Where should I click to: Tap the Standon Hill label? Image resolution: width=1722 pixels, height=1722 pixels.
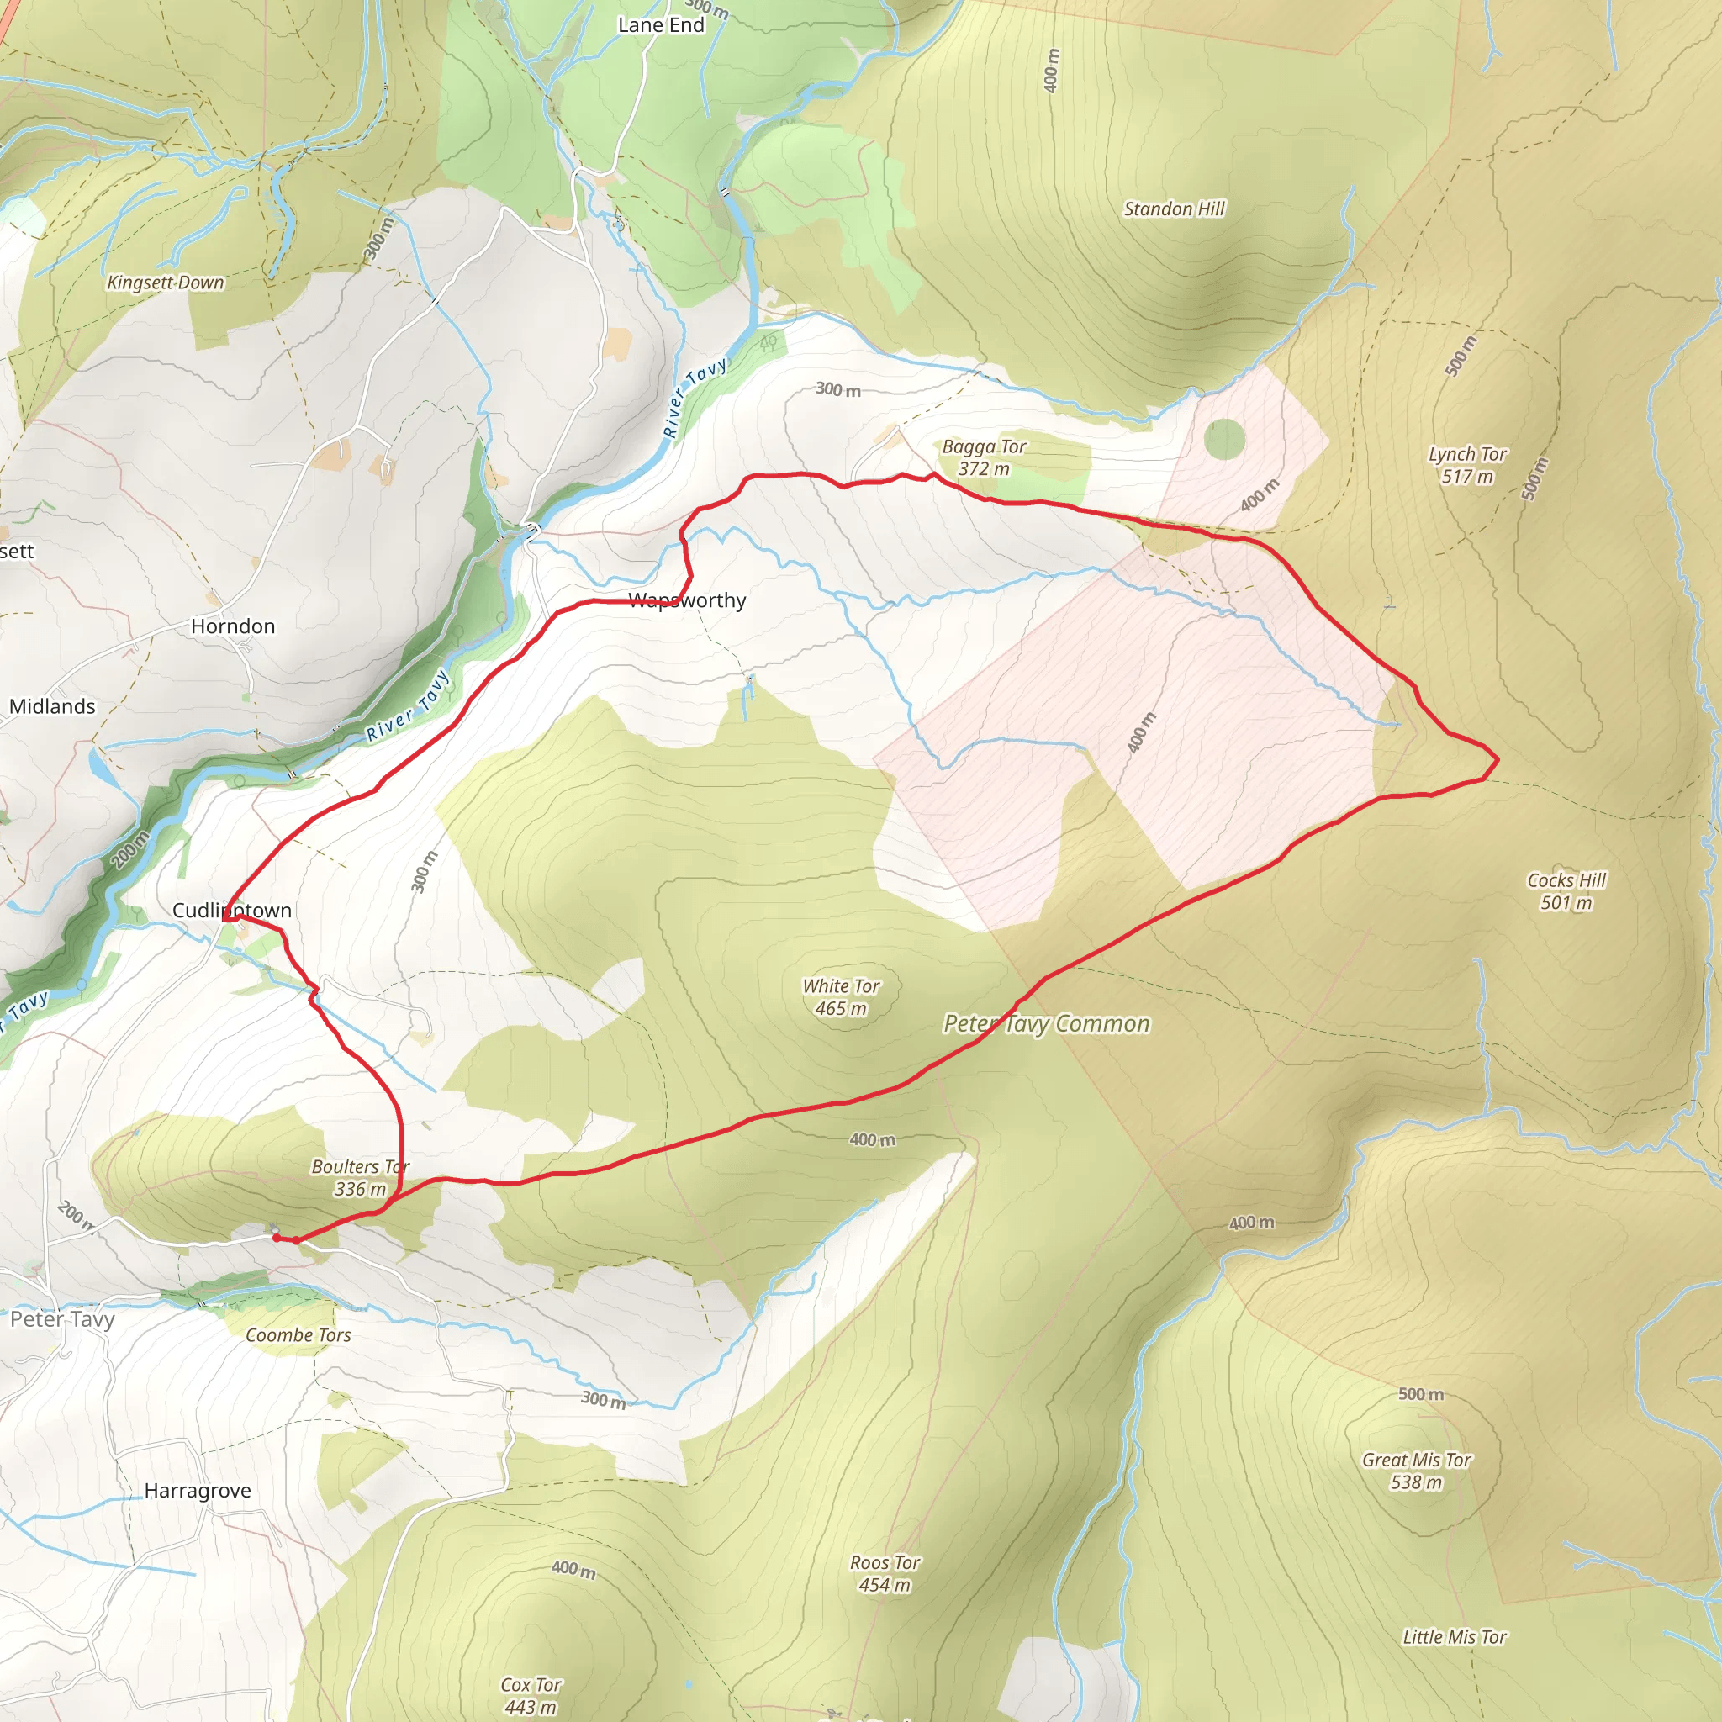(x=1174, y=209)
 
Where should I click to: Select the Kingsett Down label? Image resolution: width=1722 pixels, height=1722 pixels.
(x=166, y=283)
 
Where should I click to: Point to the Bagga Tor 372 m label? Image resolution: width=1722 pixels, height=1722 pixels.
(x=984, y=457)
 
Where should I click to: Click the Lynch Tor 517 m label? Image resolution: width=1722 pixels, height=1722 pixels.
(x=1467, y=464)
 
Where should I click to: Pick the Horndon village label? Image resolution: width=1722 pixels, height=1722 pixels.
(x=233, y=626)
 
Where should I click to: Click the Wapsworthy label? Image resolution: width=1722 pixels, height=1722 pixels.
(x=687, y=600)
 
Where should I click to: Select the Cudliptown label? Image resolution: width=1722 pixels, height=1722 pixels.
(x=232, y=910)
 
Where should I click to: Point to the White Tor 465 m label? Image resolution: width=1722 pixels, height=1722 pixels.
(x=841, y=996)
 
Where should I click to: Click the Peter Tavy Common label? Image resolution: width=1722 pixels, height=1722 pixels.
(x=1046, y=1023)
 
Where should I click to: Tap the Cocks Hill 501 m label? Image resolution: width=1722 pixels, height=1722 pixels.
(x=1566, y=890)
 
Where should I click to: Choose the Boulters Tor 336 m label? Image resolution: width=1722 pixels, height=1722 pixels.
(x=360, y=1177)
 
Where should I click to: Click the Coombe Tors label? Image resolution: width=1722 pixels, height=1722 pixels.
(x=298, y=1335)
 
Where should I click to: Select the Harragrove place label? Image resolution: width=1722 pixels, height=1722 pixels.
(x=197, y=1490)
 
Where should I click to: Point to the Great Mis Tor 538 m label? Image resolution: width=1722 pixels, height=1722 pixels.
(x=1416, y=1471)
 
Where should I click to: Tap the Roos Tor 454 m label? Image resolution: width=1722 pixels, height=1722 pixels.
(x=885, y=1573)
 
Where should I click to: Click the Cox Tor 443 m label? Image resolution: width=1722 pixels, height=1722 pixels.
(x=531, y=1695)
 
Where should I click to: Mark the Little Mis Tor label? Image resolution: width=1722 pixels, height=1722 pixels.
(x=1455, y=1636)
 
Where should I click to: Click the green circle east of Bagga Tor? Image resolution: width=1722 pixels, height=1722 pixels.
(x=1223, y=439)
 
